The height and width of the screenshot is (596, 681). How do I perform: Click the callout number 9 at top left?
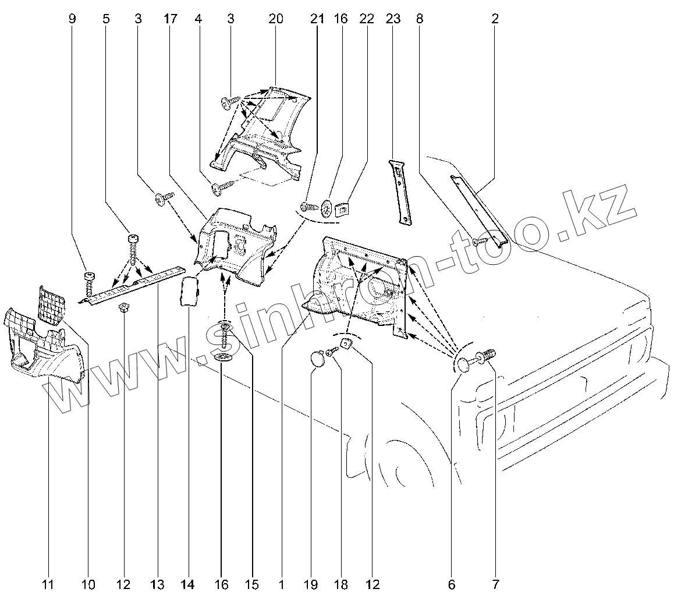click(72, 19)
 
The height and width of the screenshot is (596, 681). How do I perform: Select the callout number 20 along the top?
click(276, 19)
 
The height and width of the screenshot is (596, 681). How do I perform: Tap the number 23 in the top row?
click(393, 19)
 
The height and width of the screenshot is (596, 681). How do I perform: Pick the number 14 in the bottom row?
click(190, 584)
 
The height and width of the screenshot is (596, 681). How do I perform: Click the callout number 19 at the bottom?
click(313, 584)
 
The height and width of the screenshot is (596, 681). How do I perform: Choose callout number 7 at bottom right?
click(495, 584)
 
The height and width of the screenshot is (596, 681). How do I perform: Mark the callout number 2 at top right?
click(495, 19)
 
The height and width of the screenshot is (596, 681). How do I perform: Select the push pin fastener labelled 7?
click(485, 356)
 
